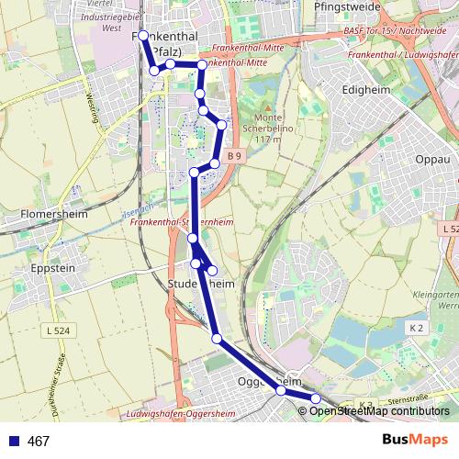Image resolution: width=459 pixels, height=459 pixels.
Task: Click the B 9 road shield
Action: point(236,156)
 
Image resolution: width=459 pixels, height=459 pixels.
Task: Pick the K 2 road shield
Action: point(417,328)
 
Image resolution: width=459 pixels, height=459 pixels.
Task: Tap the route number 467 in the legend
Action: point(39,442)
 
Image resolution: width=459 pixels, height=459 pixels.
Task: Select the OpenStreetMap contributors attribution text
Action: point(380,411)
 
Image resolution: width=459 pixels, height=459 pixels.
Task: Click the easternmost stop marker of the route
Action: point(315,398)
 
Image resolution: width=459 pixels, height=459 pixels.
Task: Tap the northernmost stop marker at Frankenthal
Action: point(143,36)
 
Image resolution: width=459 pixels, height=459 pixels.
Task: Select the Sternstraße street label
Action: point(409,401)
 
